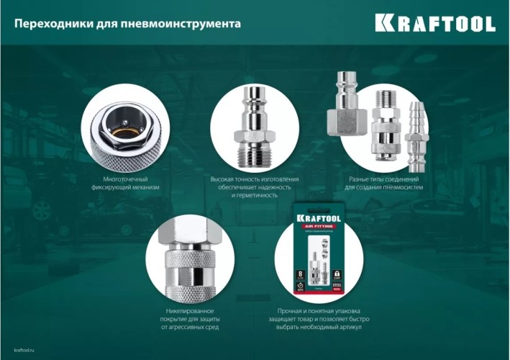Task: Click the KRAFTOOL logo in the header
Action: (x=434, y=23)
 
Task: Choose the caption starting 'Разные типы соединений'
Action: (x=383, y=183)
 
